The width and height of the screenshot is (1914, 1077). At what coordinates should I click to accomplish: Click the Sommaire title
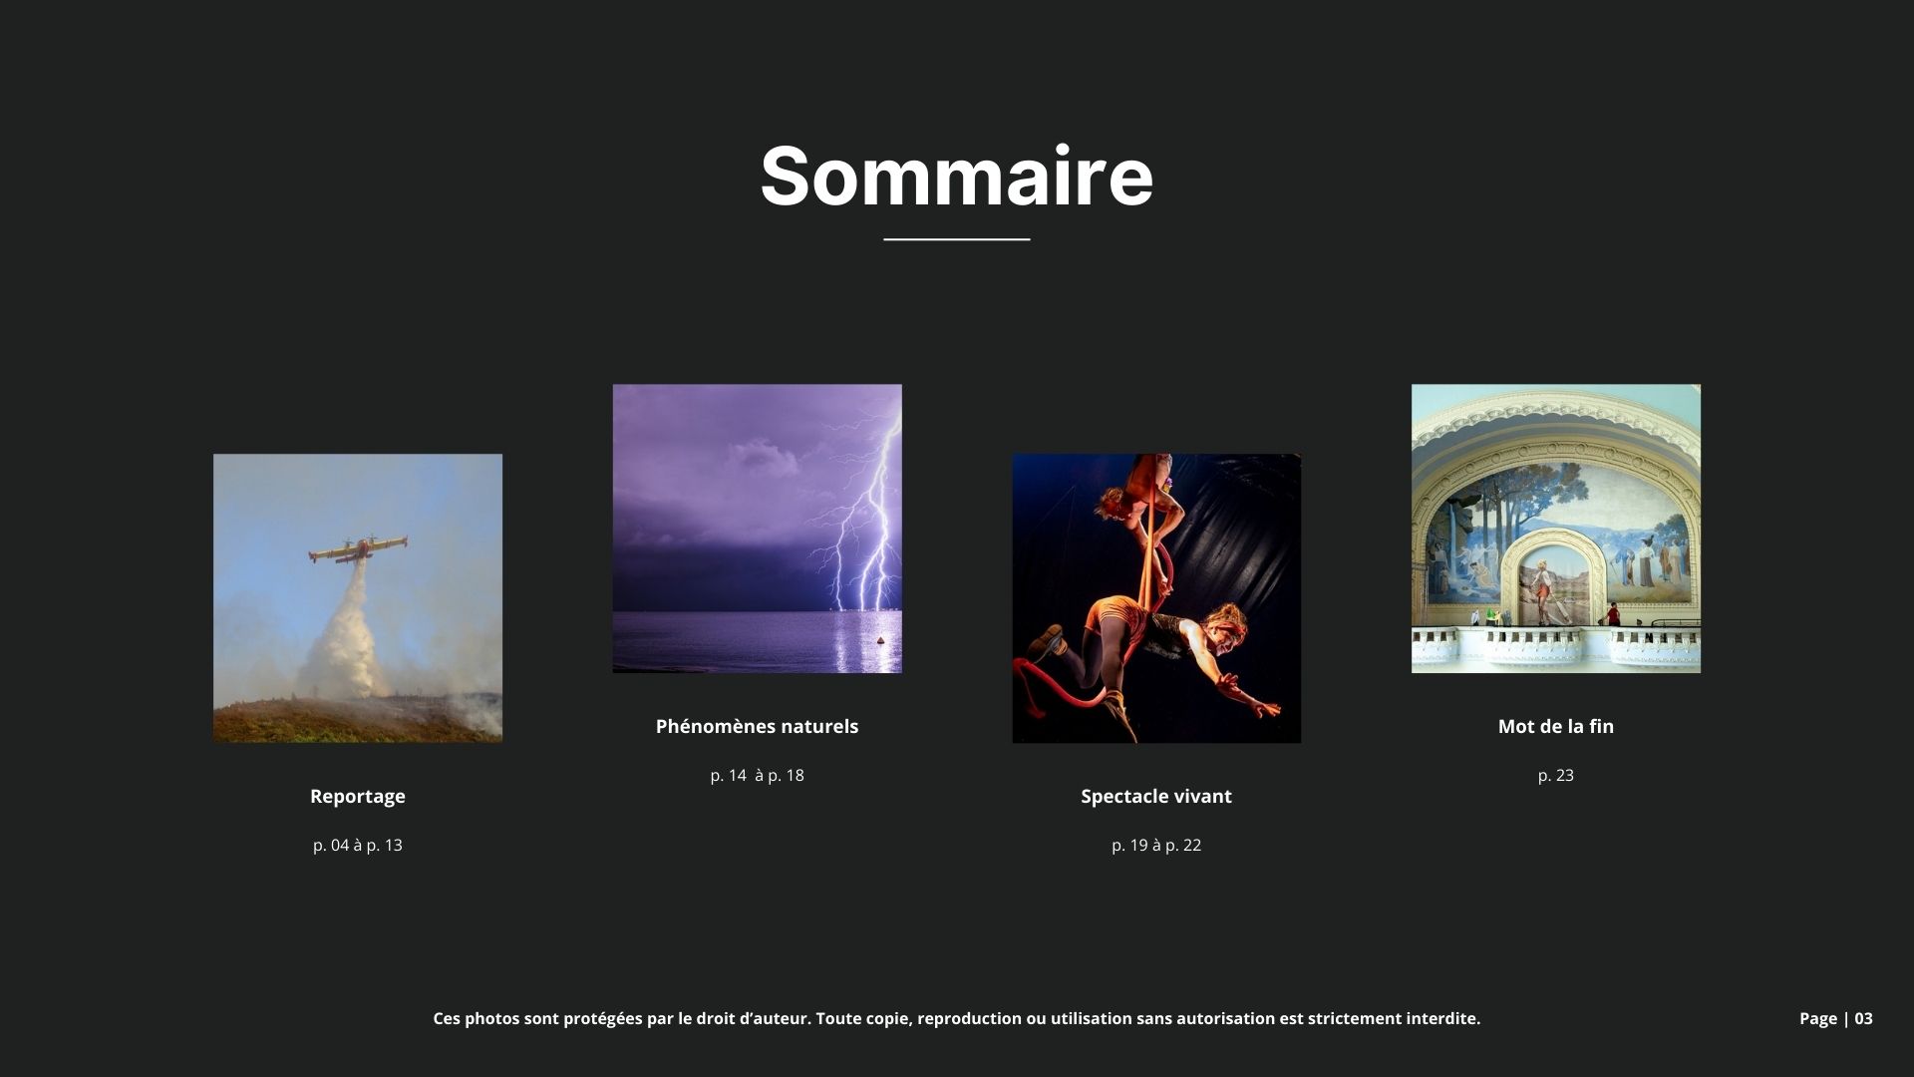click(957, 177)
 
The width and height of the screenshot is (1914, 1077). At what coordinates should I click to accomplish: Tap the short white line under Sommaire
click(957, 239)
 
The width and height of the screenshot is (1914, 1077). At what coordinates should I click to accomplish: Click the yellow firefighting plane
click(357, 548)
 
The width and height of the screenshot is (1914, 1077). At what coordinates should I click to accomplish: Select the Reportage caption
click(358, 796)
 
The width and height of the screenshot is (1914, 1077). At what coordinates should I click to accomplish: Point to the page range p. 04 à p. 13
click(358, 845)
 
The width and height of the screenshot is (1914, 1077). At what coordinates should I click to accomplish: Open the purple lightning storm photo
click(758, 529)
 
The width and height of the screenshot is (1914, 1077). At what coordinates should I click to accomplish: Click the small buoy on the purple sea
click(881, 640)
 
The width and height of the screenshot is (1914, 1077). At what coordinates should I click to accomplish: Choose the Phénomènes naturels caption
click(757, 726)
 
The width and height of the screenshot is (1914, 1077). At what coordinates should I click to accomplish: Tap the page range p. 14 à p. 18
click(757, 775)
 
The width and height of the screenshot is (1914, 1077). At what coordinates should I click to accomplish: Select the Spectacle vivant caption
click(1156, 796)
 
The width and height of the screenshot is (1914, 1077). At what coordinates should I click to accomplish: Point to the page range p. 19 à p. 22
click(1156, 845)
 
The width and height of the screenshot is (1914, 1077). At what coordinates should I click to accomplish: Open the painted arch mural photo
click(1556, 529)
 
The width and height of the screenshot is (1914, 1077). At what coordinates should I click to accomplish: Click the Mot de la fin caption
click(1556, 726)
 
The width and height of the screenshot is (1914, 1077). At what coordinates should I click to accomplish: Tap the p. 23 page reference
click(1556, 775)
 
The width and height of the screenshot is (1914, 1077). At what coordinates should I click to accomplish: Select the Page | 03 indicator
click(1836, 1018)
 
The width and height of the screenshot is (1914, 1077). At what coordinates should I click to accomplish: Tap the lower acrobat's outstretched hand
click(1265, 707)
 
